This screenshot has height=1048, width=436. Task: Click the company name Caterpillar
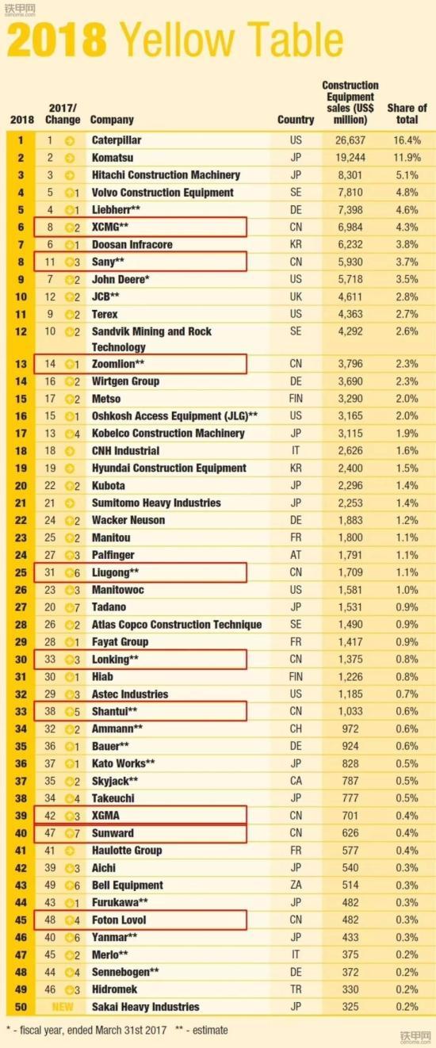[116, 140]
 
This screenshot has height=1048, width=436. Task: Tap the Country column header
[296, 120]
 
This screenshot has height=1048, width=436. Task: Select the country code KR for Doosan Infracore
[296, 245]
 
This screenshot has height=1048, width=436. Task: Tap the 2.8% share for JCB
[407, 296]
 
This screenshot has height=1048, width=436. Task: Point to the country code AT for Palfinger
[296, 555]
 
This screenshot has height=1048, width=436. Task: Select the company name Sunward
[113, 833]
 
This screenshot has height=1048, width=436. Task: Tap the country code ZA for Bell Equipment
[296, 885]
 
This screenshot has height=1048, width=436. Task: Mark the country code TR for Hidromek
[296, 990]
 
